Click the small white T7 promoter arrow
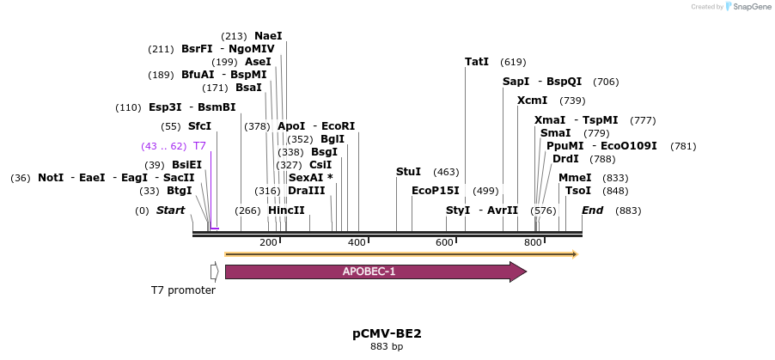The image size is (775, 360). [x=214, y=272]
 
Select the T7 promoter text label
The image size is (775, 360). [x=183, y=290]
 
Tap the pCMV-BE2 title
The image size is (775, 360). [x=387, y=333]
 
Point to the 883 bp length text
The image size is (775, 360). [x=387, y=347]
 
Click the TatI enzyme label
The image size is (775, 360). [x=477, y=62]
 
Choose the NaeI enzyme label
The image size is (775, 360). [x=268, y=36]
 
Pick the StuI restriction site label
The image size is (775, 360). [x=408, y=172]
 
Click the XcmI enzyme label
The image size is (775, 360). [x=532, y=101]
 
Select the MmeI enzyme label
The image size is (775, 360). [x=575, y=178]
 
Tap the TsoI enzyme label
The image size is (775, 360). [x=577, y=191]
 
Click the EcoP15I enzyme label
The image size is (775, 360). [x=436, y=191]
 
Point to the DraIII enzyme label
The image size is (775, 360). [x=307, y=191]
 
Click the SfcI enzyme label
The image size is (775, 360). [x=199, y=126]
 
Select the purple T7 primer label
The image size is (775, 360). [x=199, y=146]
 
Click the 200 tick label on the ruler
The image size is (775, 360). [x=268, y=243]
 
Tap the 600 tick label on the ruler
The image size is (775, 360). [x=444, y=243]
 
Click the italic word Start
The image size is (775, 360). [x=170, y=211]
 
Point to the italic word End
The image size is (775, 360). [x=592, y=211]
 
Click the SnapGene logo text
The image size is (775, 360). [x=752, y=7]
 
